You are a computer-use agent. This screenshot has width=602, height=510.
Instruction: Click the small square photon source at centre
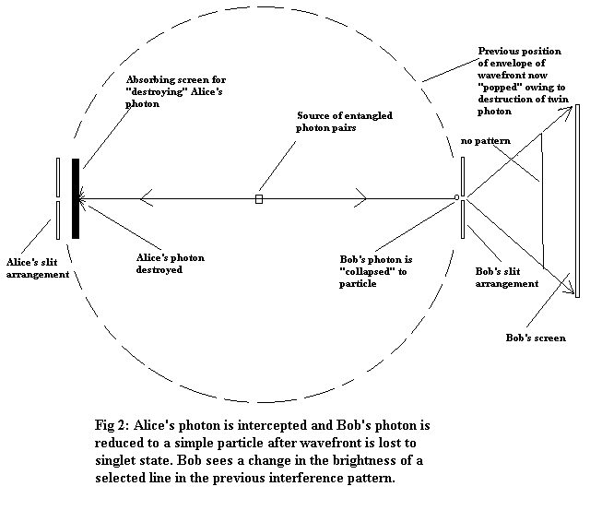pyautogui.click(x=259, y=198)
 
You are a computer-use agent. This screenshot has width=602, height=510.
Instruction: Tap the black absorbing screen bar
pyautogui.click(x=76, y=197)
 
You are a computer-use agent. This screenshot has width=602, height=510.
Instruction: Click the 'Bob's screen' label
pyautogui.click(x=536, y=338)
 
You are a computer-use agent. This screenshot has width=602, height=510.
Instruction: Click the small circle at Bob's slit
pyautogui.click(x=456, y=197)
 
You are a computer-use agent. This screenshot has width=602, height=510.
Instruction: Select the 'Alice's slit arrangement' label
pyautogui.click(x=37, y=267)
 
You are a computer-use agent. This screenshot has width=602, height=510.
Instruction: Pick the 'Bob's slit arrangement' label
pyautogui.click(x=506, y=278)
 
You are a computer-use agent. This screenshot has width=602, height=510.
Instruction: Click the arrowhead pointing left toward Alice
pyautogui.click(x=146, y=197)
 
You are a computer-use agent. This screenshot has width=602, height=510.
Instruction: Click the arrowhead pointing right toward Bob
pyautogui.click(x=360, y=197)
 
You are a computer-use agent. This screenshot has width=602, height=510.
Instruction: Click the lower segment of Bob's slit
pyautogui.click(x=463, y=219)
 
